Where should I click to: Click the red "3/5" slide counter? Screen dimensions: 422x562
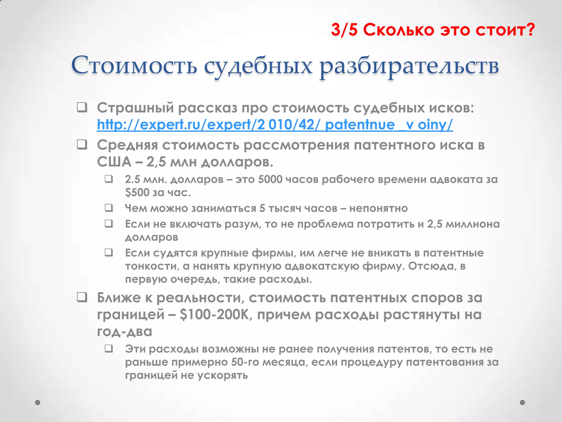coord(344,30)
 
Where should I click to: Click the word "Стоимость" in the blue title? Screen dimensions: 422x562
coord(134,66)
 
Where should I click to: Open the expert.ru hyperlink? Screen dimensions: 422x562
coord(275,125)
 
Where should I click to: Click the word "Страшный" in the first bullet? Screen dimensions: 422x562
coord(135,108)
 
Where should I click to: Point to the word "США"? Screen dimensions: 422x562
coord(114,162)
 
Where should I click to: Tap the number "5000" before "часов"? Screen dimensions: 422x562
coord(270,179)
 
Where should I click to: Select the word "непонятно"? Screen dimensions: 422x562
coord(378,208)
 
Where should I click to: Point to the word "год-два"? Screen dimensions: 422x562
coord(124,331)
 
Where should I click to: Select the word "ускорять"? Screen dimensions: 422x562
coord(223,375)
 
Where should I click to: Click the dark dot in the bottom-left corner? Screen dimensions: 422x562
coord(38,402)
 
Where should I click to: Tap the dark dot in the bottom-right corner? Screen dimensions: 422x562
coord(522,402)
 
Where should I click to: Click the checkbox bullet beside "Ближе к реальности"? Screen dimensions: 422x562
coord(82,298)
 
